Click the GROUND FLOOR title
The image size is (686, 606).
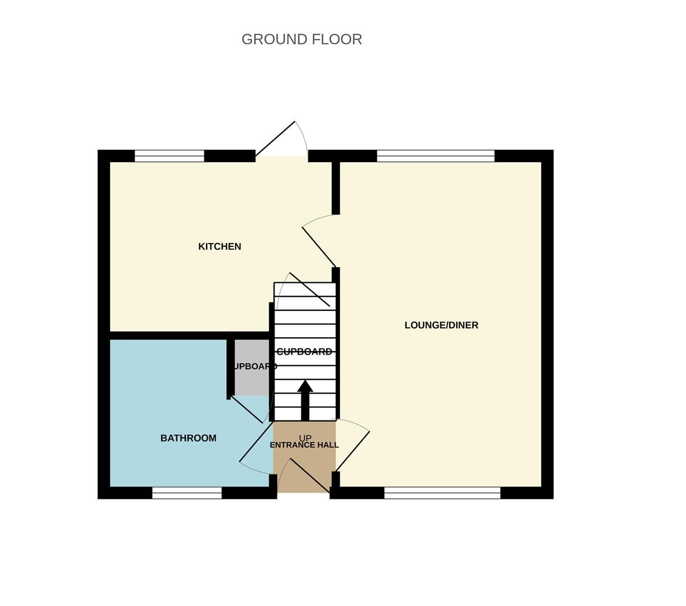pos(301,39)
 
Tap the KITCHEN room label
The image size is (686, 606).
pos(219,246)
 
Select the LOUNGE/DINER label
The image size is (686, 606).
pos(441,325)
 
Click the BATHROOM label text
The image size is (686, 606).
pos(188,438)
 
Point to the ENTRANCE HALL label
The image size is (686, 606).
pos(304,446)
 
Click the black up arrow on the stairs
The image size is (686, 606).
pos(305,400)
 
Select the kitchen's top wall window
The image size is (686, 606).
pos(170,156)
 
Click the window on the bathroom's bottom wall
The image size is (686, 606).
pos(187,493)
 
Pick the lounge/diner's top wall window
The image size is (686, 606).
pos(436,156)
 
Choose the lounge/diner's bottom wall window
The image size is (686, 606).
pos(442,493)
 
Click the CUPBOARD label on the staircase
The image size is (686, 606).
pos(304,352)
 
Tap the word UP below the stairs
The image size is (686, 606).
pos(305,438)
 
